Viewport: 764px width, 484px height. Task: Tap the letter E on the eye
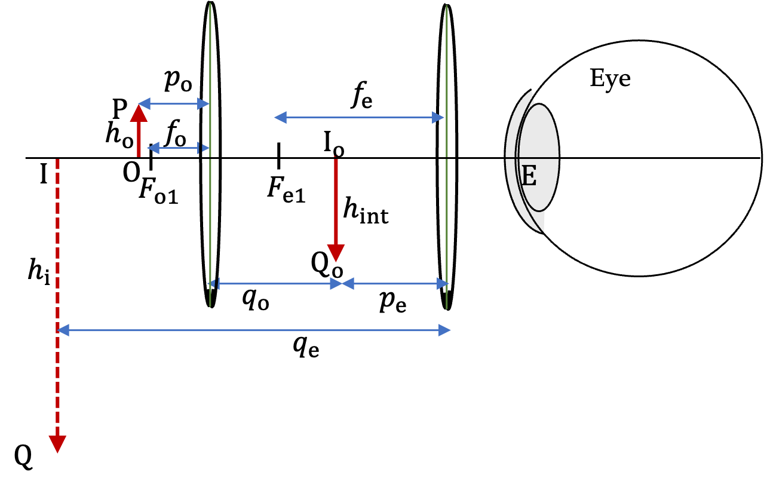(x=529, y=175)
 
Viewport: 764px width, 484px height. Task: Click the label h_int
(x=366, y=212)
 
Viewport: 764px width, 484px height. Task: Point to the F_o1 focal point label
(x=159, y=191)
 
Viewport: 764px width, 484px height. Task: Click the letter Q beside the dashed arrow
(x=23, y=457)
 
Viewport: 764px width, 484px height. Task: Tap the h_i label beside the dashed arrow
(x=39, y=271)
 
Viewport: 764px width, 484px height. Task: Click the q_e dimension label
(x=306, y=347)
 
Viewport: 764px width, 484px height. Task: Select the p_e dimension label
(x=393, y=302)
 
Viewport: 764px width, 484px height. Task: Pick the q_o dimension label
(x=256, y=299)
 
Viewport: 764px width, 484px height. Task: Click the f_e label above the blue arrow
(x=361, y=95)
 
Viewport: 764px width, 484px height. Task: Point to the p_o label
(x=178, y=81)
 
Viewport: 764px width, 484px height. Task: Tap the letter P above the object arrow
(x=119, y=109)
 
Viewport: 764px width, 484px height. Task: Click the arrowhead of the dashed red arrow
(x=57, y=444)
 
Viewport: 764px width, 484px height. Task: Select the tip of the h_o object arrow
(x=139, y=105)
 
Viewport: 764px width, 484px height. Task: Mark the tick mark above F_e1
(x=278, y=156)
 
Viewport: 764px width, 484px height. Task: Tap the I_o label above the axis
(x=334, y=144)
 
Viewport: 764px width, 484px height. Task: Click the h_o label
(x=119, y=135)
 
